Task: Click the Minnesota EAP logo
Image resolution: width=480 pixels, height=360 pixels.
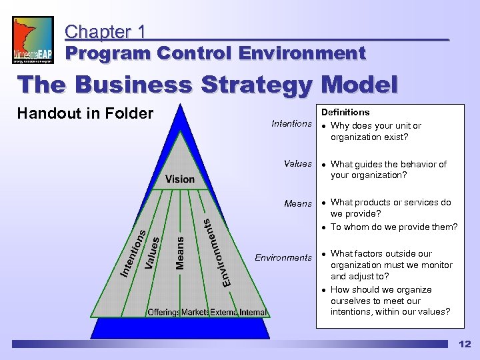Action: (33, 40)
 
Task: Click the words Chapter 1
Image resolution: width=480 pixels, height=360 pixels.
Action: (106, 31)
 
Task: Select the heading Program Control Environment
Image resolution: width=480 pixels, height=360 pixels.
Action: (215, 53)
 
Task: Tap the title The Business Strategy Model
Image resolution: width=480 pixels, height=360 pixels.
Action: (207, 85)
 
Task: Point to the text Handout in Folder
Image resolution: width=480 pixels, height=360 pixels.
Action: (85, 113)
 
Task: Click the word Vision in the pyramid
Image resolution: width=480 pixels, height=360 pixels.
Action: (180, 179)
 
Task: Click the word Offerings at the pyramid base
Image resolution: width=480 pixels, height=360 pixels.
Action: (164, 312)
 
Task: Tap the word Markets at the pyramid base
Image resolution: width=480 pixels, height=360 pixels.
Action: (195, 312)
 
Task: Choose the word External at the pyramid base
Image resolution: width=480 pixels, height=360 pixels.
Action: (224, 312)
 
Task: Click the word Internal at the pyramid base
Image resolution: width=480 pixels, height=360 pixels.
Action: (253, 312)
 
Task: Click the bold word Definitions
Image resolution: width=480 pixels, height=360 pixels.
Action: (345, 113)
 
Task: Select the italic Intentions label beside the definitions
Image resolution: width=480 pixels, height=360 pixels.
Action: (291, 123)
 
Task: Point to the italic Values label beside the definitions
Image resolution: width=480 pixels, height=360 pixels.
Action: (297, 163)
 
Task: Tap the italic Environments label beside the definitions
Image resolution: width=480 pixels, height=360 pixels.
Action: (283, 257)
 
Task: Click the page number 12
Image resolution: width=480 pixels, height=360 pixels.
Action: (464, 344)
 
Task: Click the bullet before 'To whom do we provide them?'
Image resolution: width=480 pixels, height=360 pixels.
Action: (324, 227)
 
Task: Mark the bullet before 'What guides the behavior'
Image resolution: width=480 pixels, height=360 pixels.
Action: (324, 164)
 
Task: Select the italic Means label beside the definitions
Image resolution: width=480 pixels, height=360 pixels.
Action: (298, 203)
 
